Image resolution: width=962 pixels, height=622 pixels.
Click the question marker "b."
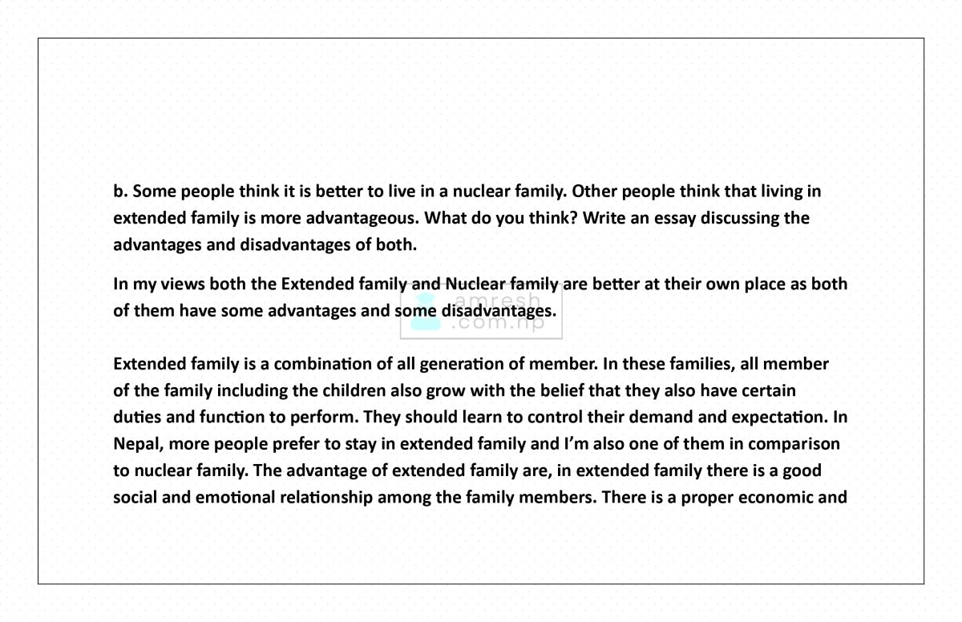click(120, 192)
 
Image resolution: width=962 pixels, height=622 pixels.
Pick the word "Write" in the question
click(604, 218)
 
